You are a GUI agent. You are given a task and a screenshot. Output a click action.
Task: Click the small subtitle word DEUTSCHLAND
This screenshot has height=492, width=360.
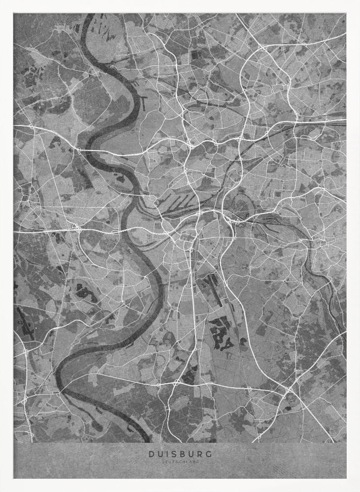pyautogui.click(x=180, y=461)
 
